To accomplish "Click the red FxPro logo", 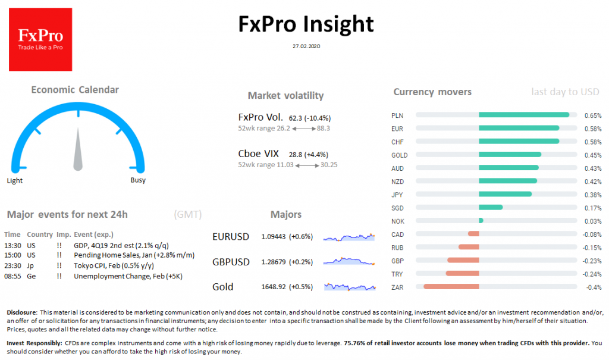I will pos(40,39).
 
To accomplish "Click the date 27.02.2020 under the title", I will pos(306,46).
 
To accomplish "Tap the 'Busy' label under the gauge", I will pos(137,180).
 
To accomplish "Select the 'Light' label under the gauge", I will pos(15,180).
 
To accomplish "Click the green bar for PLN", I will pos(523,115).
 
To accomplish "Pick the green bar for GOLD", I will pos(510,155).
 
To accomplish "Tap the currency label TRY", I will pos(397,274).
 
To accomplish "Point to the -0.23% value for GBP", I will pos(592,261).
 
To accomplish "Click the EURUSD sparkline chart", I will pos(349,237).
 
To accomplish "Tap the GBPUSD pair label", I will pos(231,262).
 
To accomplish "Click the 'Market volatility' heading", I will pos(285,95).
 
